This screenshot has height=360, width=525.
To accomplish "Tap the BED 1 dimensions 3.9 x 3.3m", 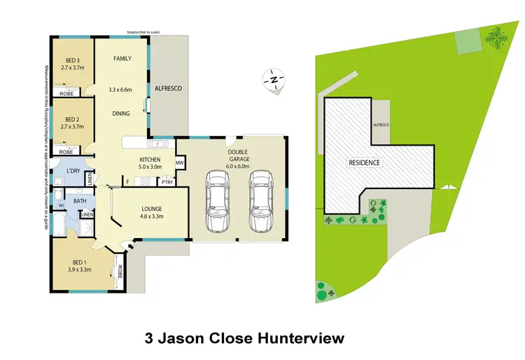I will tap(78, 269).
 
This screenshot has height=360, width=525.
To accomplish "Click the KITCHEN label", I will tap(150, 159).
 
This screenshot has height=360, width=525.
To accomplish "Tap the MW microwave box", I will tap(179, 164).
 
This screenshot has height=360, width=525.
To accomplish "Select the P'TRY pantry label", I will tap(167, 182).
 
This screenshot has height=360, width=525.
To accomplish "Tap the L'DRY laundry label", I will tap(72, 172).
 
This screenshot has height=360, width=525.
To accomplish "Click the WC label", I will tap(62, 205).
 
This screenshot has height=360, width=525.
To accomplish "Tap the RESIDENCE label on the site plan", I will tap(364, 162).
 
